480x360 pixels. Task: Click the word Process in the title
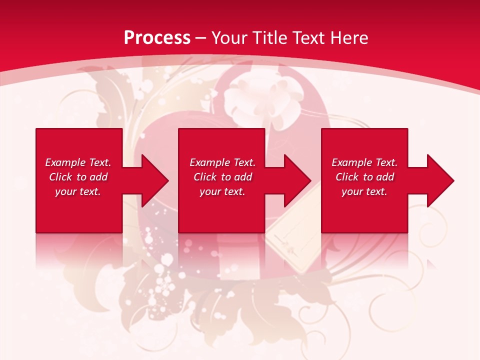tap(157, 38)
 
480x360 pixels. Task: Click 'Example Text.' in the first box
tap(78, 162)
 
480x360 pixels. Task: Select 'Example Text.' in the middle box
tap(222, 162)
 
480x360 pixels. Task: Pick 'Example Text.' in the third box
tap(364, 162)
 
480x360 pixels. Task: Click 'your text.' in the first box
tap(78, 191)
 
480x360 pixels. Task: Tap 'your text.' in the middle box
tap(222, 191)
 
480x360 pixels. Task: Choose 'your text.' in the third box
tap(364, 191)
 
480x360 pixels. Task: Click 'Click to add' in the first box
tap(78, 177)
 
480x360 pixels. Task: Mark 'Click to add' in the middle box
tap(222, 177)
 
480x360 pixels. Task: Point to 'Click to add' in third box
tap(364, 177)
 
